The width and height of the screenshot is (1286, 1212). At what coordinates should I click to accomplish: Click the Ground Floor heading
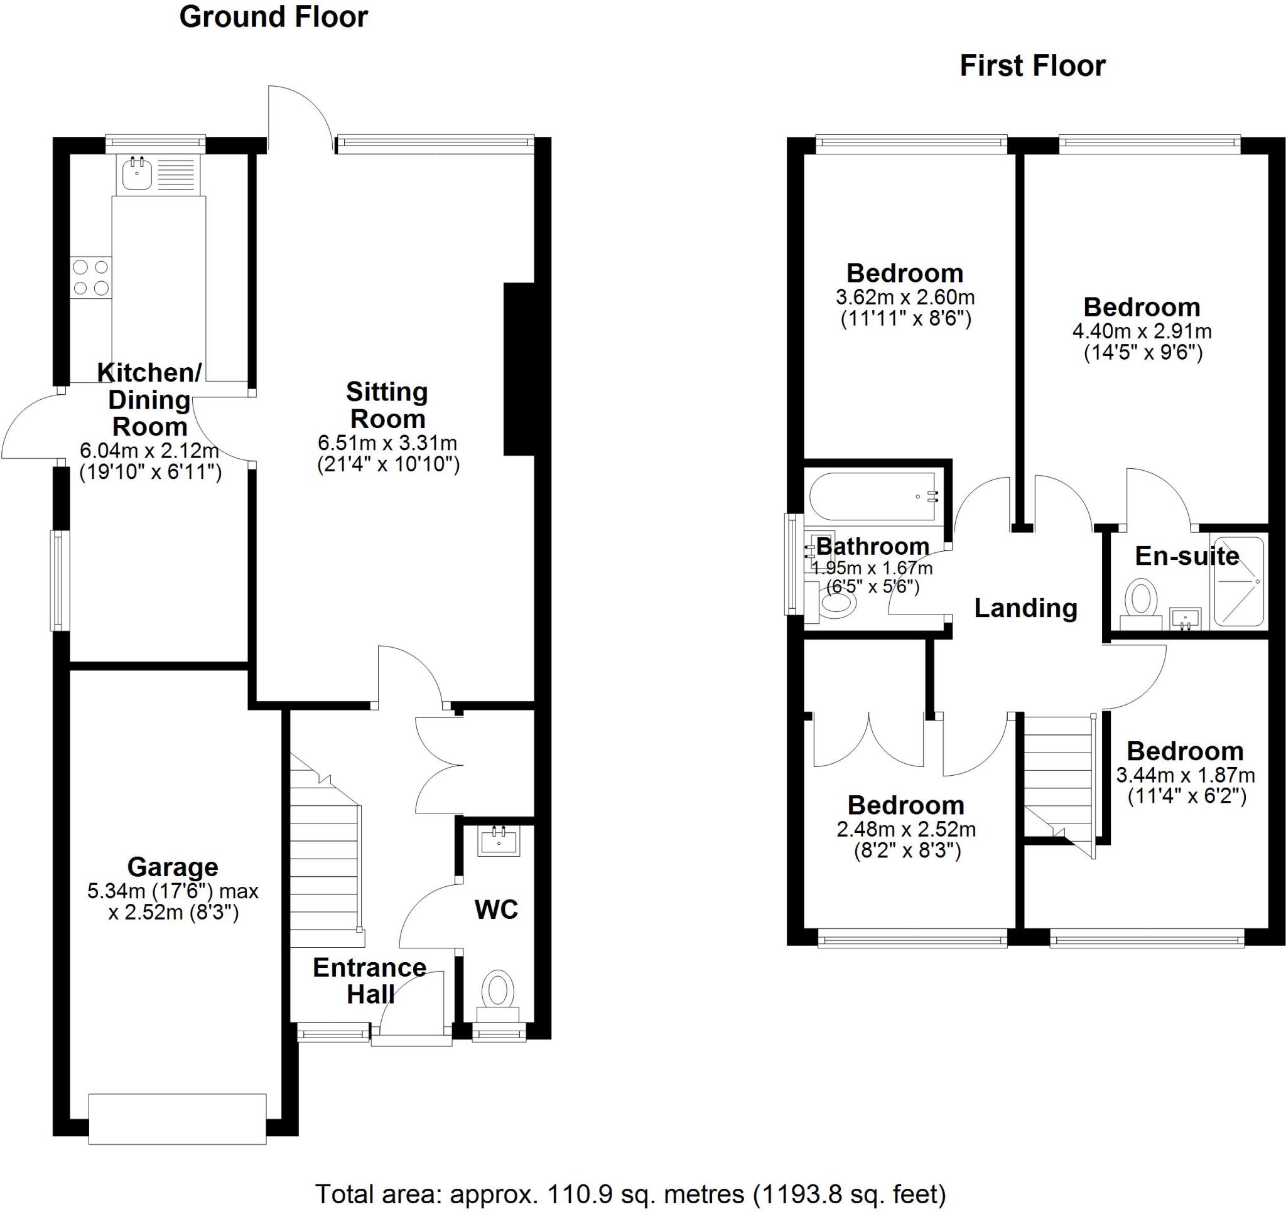tap(273, 18)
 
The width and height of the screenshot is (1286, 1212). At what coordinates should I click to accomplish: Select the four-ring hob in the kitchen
tap(90, 277)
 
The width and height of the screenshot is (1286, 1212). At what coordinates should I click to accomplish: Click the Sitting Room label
tap(387, 405)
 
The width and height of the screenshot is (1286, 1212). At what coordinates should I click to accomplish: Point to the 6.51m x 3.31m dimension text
tap(387, 444)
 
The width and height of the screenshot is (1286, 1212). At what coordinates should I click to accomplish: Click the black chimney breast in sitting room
tap(519, 368)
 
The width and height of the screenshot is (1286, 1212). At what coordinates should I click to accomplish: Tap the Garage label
tap(173, 867)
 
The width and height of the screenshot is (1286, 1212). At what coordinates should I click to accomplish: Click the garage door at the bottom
tap(177, 1119)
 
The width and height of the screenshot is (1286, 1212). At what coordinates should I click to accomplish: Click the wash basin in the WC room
tap(499, 842)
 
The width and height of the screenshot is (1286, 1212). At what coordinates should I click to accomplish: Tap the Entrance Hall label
tap(369, 980)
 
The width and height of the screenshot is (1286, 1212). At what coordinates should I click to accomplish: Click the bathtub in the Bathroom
tap(872, 496)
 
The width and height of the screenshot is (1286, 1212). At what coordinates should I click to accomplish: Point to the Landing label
tap(1025, 609)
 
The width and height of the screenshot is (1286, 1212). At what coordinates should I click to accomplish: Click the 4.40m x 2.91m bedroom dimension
tap(1142, 332)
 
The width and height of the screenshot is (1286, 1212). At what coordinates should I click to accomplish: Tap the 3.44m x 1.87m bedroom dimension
tap(1185, 775)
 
